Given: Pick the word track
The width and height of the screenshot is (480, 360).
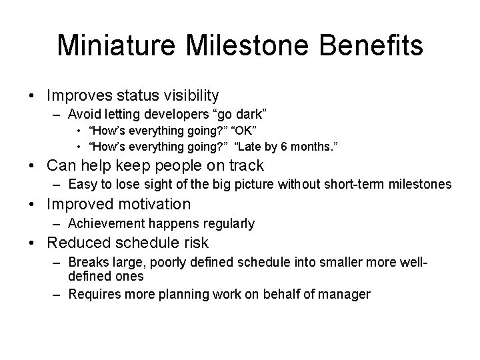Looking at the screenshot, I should tap(246, 165).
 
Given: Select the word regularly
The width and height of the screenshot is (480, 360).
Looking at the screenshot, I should tap(222, 223).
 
